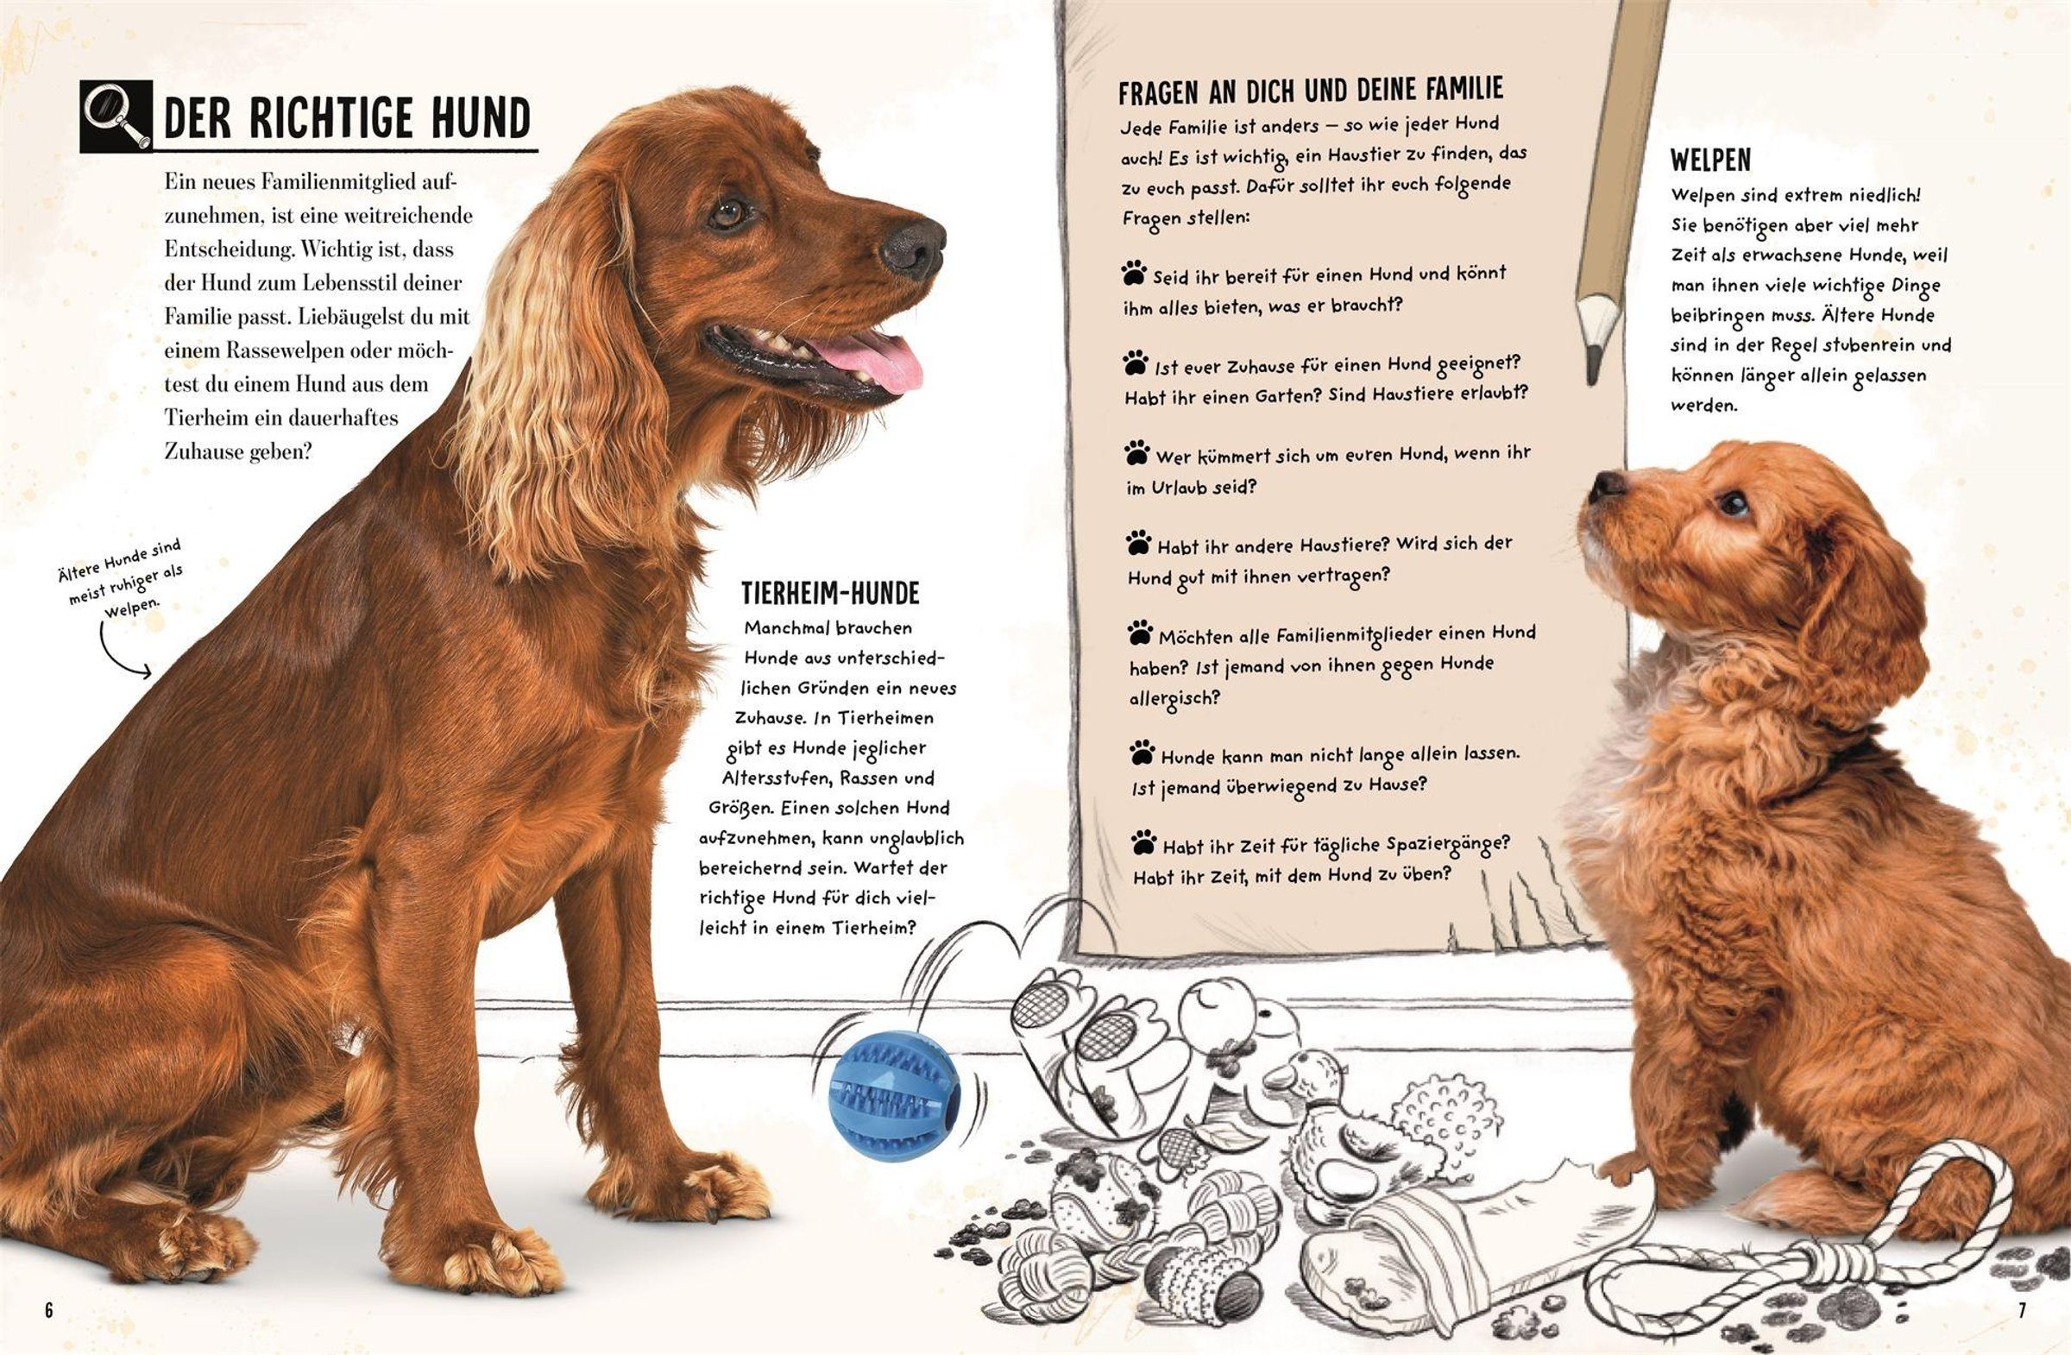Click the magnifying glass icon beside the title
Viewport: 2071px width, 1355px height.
click(x=116, y=117)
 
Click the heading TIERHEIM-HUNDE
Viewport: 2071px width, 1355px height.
click(x=830, y=594)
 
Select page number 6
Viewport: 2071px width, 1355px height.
click(x=48, y=1310)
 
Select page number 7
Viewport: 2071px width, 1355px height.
click(x=2022, y=1310)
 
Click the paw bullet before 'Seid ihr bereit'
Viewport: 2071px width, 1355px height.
click(x=1133, y=274)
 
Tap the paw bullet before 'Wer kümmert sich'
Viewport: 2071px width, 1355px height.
click(x=1136, y=452)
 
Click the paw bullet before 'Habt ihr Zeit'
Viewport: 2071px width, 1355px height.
click(x=1144, y=841)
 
